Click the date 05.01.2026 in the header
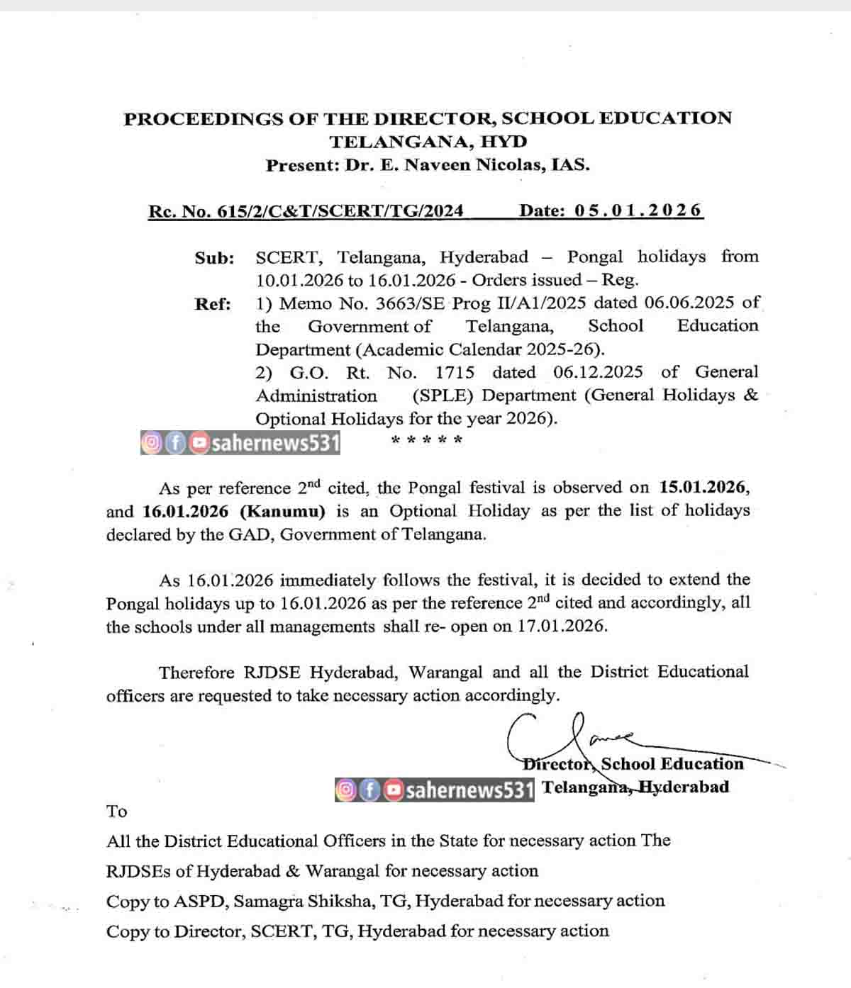pyautogui.click(x=638, y=210)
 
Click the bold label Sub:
pyautogui.click(x=214, y=258)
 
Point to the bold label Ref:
pyautogui.click(x=213, y=304)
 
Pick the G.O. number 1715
pyautogui.click(x=455, y=372)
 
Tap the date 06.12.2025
pyautogui.click(x=598, y=372)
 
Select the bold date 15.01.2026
pyautogui.click(x=703, y=488)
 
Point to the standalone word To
pyautogui.click(x=117, y=812)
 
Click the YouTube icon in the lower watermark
pyautogui.click(x=394, y=790)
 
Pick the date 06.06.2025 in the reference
pyautogui.click(x=689, y=303)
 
